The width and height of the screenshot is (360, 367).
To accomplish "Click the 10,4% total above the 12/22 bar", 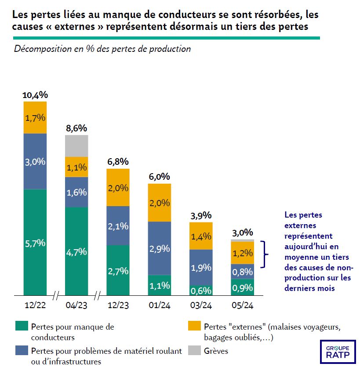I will [35, 95].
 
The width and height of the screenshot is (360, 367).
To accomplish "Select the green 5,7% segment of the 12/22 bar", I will [35, 242].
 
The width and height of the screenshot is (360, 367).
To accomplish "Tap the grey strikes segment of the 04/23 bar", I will [76, 145].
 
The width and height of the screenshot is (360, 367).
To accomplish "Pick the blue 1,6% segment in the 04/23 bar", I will [76, 192].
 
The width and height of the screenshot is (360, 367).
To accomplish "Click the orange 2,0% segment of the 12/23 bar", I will [118, 188].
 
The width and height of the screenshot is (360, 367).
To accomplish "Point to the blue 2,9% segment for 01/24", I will [159, 248].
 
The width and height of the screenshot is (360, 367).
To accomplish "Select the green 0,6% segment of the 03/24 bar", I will [201, 290].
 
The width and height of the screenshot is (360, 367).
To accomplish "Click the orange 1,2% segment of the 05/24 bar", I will [242, 253].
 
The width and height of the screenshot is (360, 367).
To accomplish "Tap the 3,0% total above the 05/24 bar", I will [242, 232].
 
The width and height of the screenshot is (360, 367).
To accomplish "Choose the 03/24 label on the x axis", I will [201, 305].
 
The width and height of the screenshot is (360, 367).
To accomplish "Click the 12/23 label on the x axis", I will [118, 305].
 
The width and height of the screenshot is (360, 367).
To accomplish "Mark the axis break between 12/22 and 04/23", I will [56, 295].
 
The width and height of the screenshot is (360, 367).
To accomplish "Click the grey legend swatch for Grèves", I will [195, 350].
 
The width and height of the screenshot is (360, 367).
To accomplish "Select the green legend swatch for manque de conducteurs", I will [22, 326].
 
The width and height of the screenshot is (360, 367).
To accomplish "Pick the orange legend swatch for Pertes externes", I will [195, 326].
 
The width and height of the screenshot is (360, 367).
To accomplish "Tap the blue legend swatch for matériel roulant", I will [22, 350].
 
